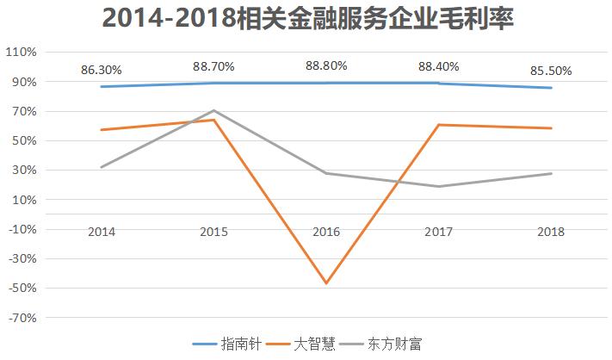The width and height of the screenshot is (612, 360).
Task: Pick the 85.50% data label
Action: click(552, 70)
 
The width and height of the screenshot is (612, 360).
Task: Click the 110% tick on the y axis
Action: click(22, 53)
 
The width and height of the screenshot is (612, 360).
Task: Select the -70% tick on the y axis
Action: click(22, 318)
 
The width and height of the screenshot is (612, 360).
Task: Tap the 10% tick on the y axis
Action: click(23, 200)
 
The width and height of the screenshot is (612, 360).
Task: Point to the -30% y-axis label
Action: click(22, 259)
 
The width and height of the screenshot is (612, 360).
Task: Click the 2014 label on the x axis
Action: click(102, 232)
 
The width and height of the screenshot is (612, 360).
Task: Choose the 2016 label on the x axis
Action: click(327, 232)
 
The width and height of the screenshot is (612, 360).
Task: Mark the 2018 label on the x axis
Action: click(552, 232)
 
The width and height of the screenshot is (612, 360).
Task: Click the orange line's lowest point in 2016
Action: click(327, 283)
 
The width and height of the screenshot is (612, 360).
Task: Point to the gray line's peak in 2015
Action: click(214, 110)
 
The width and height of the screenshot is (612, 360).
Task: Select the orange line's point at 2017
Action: click(439, 125)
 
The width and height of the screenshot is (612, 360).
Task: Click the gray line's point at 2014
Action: click(102, 167)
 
